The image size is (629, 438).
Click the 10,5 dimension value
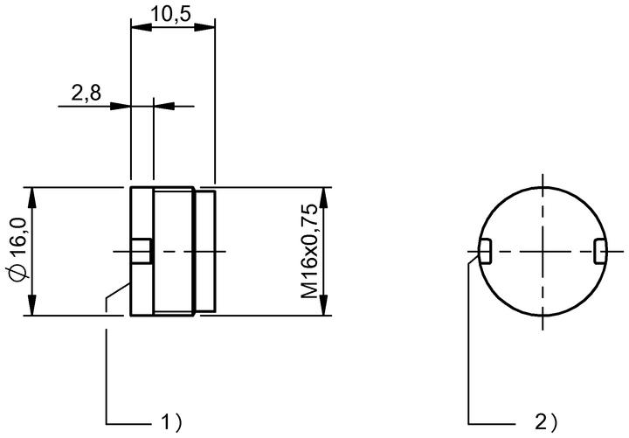170,14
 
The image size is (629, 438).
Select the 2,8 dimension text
86,94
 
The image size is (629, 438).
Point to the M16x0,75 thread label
309,251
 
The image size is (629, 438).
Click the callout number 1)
171,422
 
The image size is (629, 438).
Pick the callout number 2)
546,422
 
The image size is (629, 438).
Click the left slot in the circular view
486,251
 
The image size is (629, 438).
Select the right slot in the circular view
600,251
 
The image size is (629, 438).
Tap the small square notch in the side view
142,251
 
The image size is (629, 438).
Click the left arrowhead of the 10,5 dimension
142,27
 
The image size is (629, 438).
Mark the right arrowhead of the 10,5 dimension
204,27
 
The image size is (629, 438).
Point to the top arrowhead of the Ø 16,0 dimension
32,198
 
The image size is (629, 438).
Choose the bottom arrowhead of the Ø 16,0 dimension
32,305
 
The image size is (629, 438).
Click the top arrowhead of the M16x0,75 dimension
324,198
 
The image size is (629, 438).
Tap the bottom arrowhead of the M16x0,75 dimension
324,305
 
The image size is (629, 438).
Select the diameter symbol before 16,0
18,274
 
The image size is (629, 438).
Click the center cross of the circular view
543,252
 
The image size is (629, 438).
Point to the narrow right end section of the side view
206,251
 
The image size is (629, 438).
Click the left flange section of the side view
142,251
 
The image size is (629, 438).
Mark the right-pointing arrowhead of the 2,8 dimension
121,107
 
